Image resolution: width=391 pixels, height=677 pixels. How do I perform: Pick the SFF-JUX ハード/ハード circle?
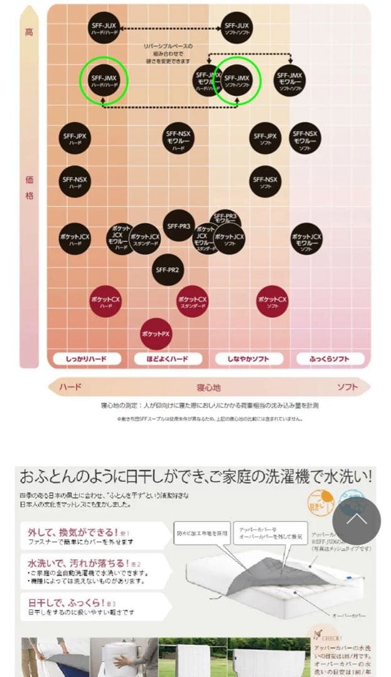pos(104,28)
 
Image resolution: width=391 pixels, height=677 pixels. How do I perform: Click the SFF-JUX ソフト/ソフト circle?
pos(237,28)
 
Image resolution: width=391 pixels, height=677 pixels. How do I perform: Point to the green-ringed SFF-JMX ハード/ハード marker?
pos(104,80)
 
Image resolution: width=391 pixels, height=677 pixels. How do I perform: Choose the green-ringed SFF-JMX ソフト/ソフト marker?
pos(237,80)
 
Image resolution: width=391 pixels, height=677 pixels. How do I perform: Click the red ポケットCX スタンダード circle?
pos(192,301)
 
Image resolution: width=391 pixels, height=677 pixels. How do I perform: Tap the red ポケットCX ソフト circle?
pos(272,302)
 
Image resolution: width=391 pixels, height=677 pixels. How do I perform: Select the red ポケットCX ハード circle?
pos(105,301)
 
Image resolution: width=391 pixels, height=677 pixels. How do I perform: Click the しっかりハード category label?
pos(85,359)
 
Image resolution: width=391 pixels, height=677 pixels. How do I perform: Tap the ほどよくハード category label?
pos(168,359)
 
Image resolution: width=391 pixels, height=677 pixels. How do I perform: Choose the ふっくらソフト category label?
pos(329,359)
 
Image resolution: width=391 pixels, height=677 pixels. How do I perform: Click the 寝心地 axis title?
pos(209,387)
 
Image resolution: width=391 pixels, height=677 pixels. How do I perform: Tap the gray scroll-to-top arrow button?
pos(356,520)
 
